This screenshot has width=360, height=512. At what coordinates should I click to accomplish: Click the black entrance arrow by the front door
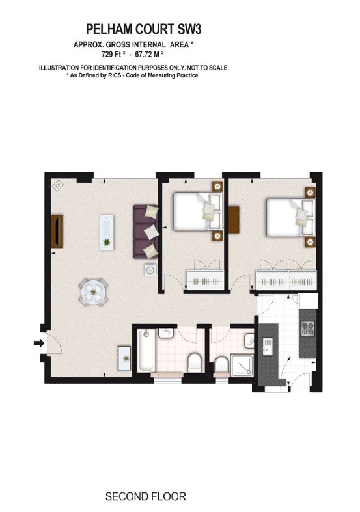[39, 343]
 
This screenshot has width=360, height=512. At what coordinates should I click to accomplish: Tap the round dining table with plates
[94, 292]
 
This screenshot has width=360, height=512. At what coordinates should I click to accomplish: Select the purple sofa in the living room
[146, 232]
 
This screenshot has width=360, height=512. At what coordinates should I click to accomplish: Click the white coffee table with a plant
[107, 232]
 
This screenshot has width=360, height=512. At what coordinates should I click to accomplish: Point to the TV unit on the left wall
[57, 232]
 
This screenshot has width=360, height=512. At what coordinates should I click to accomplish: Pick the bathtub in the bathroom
[146, 350]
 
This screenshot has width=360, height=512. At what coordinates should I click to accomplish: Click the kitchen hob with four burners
[307, 329]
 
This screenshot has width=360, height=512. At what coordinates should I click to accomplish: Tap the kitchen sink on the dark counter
[268, 347]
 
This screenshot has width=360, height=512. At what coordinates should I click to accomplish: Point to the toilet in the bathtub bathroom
[195, 362]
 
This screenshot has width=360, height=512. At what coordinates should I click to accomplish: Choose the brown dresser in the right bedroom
[234, 219]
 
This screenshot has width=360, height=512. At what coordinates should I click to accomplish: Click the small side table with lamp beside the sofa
[150, 270]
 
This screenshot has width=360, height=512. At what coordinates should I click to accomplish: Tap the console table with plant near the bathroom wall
[124, 358]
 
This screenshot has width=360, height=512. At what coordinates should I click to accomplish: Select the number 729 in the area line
[107, 54]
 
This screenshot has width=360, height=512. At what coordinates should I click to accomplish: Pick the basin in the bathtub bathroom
[165, 333]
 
